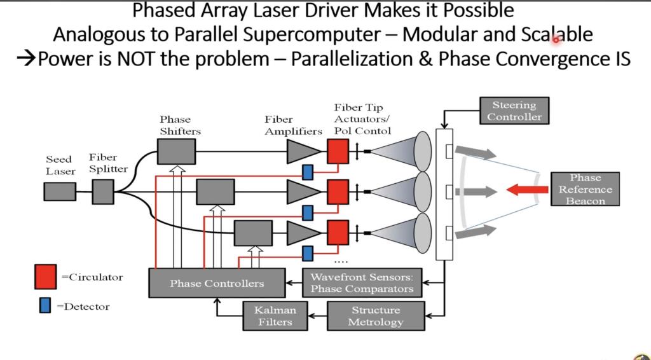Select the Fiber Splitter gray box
pos(103,191)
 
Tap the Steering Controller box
pos(514,111)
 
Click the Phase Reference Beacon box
pos(585,189)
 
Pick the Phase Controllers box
pos(216,283)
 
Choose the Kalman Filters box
pos(275,315)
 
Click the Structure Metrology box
pos(376,315)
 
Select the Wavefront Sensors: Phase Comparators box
pos(362,282)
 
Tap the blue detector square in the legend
pos(45,306)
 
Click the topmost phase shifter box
pos(176,151)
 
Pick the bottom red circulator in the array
pos(338,232)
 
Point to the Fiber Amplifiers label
pos(293,125)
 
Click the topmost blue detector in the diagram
pos(308,172)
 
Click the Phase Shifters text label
pos(180,125)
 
